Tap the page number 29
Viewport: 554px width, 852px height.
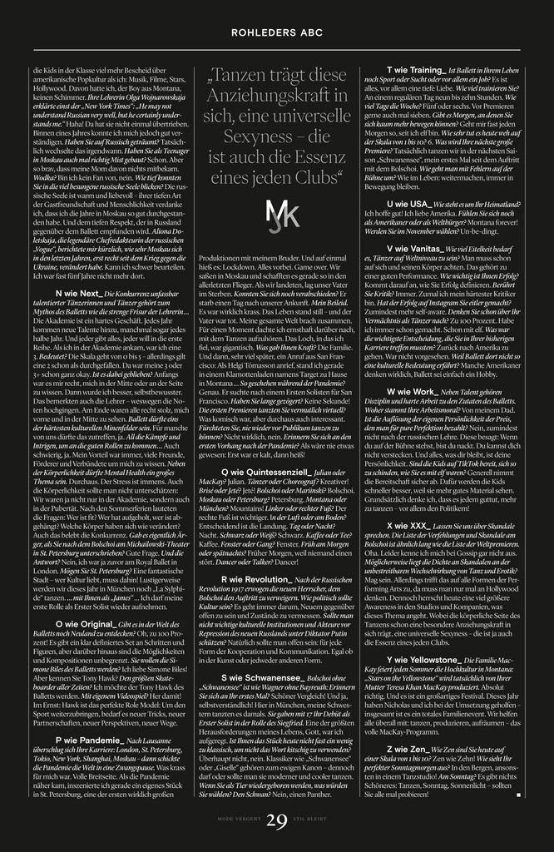tap(277, 820)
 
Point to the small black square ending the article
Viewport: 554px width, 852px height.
tap(517, 795)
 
